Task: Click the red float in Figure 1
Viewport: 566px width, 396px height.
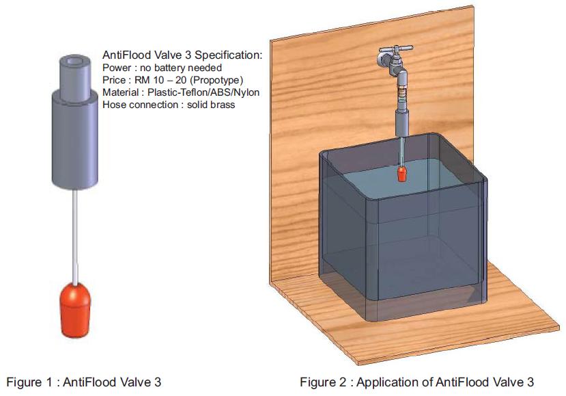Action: [x=74, y=311]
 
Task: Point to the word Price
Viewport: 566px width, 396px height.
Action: [x=113, y=80]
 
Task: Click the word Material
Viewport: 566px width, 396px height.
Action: [x=120, y=92]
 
